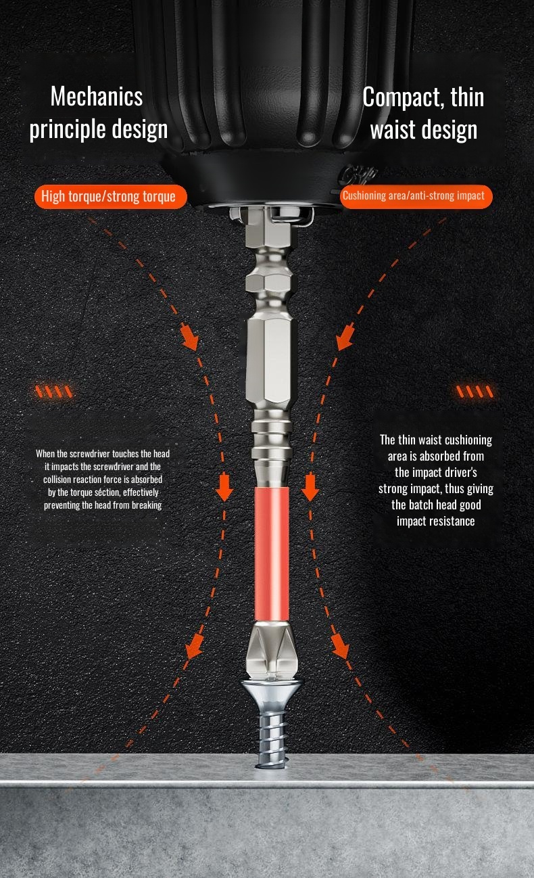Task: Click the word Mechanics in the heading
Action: pyautogui.click(x=97, y=97)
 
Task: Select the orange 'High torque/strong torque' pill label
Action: pyautogui.click(x=110, y=196)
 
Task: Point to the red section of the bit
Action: pyautogui.click(x=272, y=554)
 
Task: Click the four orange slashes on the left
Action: pyautogui.click(x=53, y=392)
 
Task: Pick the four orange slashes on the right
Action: pyautogui.click(x=475, y=391)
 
